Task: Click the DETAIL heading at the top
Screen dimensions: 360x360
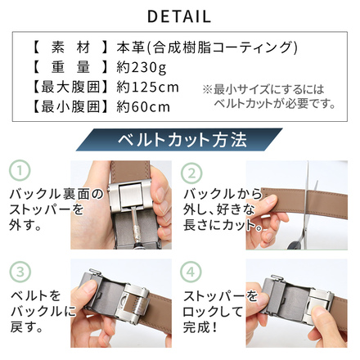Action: [x=179, y=16]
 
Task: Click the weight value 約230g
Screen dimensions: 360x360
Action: [x=142, y=67]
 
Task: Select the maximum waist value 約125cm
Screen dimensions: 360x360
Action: [x=147, y=88]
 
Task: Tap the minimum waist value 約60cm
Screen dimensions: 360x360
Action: [x=143, y=107]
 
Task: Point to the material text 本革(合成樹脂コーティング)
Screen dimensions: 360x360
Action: [x=207, y=47]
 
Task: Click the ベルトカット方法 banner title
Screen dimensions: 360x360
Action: [x=182, y=140]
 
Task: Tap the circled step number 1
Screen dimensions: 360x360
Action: [x=20, y=170]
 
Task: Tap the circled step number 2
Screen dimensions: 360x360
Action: [x=191, y=173]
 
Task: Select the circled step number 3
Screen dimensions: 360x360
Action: [x=20, y=272]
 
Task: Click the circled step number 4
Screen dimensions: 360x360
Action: [x=191, y=272]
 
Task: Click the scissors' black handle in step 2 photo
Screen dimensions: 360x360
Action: [x=295, y=244]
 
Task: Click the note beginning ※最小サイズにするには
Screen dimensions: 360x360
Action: [x=269, y=97]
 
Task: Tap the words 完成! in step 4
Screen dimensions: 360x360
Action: [x=200, y=327]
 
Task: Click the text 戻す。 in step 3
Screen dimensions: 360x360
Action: [x=27, y=327]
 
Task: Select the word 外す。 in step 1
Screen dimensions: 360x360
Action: [x=25, y=225]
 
